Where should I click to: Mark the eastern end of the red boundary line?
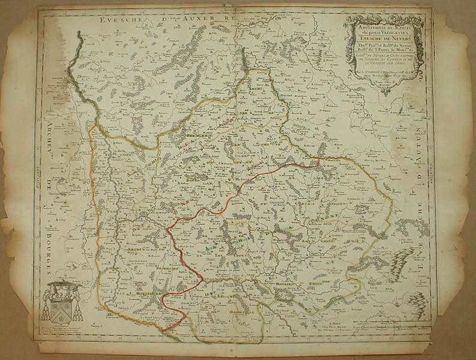click(320, 161)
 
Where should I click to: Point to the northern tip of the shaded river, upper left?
click(79, 36)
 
